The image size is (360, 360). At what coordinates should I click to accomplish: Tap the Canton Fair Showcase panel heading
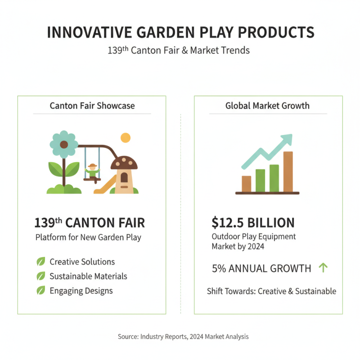click(92, 106)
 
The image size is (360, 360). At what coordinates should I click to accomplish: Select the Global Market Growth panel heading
click(267, 106)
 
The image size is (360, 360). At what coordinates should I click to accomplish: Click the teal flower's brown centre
click(64, 144)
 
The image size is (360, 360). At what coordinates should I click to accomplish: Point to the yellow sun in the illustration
click(125, 137)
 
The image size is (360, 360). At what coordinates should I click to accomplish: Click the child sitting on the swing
click(93, 171)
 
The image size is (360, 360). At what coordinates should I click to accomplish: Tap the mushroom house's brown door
click(124, 177)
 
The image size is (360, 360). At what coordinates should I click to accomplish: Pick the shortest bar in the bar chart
click(246, 184)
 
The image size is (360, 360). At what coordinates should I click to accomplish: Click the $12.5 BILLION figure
click(253, 222)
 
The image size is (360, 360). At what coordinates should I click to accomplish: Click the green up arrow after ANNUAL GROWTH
click(323, 268)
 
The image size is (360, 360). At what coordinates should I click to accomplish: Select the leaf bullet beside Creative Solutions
click(41, 261)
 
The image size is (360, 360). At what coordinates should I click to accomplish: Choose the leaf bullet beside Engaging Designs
click(41, 290)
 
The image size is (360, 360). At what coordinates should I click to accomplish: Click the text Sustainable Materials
click(88, 276)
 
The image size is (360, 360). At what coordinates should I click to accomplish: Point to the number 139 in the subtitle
click(116, 50)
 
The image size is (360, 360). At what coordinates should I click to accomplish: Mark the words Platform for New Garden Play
click(88, 237)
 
